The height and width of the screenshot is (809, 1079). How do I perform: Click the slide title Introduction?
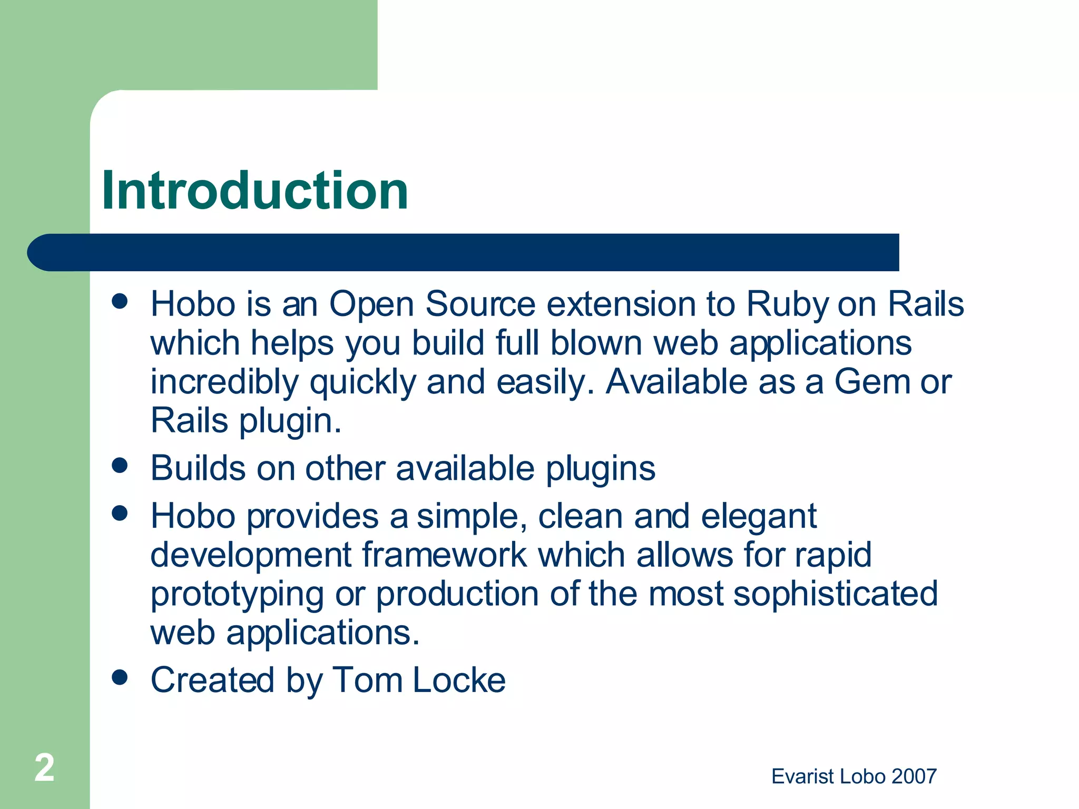(254, 191)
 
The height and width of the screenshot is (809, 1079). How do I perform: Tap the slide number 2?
(44, 767)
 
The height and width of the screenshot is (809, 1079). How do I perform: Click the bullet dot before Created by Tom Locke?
(120, 677)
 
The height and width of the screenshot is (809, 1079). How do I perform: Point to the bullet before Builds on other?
(120, 466)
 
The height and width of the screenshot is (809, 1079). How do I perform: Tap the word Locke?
(458, 680)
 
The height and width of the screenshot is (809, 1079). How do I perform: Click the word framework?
(444, 555)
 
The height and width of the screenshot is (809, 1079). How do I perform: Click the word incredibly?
(224, 383)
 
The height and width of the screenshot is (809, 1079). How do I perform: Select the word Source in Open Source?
(480, 304)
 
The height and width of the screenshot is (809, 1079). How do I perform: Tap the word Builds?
(198, 468)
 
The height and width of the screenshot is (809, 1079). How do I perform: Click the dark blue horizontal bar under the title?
(464, 252)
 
